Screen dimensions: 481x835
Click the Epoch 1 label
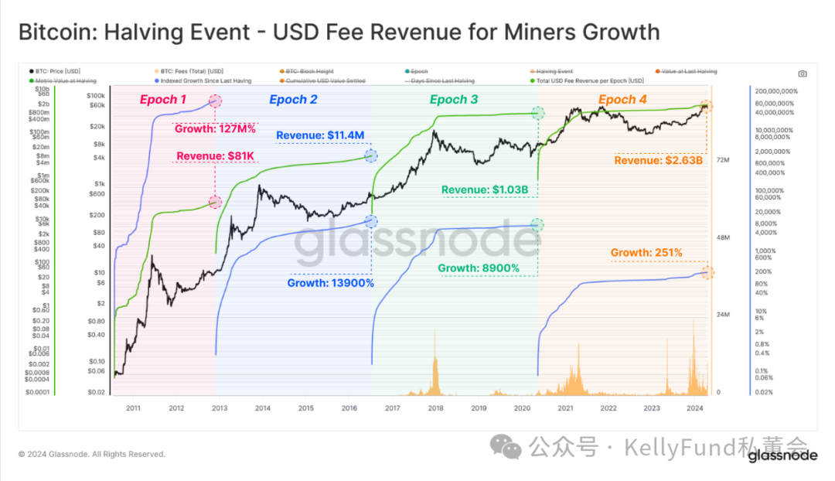(162, 100)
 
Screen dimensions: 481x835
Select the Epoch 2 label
(293, 100)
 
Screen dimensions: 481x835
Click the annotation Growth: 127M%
(216, 129)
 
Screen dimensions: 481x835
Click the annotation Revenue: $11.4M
(320, 135)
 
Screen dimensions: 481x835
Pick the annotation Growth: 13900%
(331, 283)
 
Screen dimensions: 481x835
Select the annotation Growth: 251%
(646, 252)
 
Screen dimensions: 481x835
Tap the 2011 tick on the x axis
(132, 408)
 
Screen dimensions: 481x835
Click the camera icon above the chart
(803, 73)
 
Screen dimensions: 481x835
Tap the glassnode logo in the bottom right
(782, 455)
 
